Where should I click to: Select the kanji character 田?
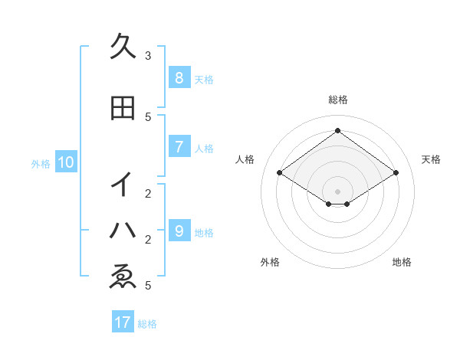point(123,109)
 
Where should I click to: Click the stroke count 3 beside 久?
point(148,56)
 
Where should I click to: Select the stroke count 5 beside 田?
point(148,116)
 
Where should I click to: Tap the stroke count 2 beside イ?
point(148,193)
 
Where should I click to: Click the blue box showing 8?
point(179,77)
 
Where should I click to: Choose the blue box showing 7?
point(179,146)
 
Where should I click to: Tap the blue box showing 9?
point(179,231)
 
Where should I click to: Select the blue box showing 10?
point(65,162)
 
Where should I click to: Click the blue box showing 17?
point(123,322)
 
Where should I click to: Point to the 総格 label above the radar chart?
point(337,100)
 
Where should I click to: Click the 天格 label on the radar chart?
point(431,159)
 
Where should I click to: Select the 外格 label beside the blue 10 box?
point(41,163)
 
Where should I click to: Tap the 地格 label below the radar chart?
point(402,262)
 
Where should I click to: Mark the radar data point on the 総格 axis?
point(337,131)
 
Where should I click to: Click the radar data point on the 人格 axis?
point(280,173)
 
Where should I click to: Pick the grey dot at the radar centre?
point(337,191)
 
